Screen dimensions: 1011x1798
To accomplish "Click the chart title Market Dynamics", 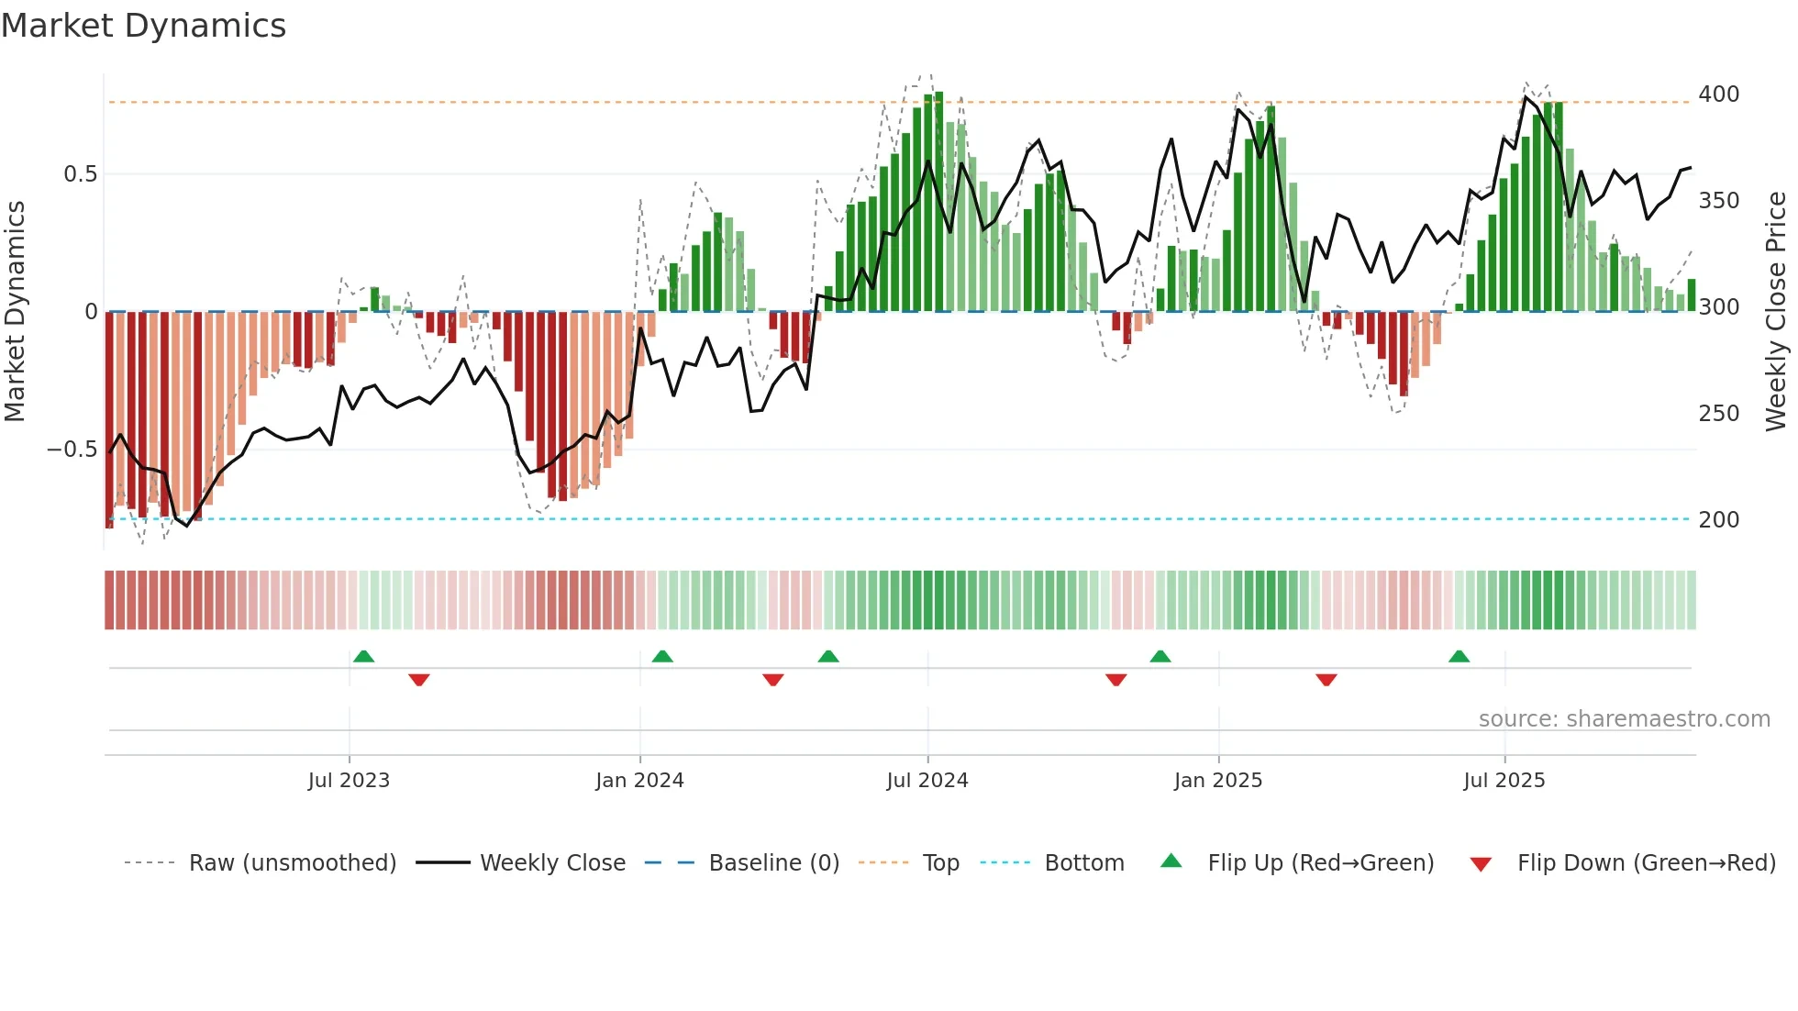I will pos(143,26).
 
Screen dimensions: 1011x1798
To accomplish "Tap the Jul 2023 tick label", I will pos(349,781).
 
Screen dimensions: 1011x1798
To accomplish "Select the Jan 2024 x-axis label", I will pos(639,781).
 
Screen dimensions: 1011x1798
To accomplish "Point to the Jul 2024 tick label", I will pos(927,781).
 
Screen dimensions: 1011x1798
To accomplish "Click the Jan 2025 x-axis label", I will pos(1218,781).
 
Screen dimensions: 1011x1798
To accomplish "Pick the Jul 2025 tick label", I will pos(1504,781).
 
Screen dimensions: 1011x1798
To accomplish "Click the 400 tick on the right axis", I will pos(1718,94).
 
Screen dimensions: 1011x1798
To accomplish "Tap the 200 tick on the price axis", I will pos(1718,520).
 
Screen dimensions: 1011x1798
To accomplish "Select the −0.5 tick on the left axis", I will pos(72,450).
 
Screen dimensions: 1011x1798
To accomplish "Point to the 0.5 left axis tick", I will pos(80,174).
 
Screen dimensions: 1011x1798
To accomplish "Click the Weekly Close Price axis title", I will pos(1776,312).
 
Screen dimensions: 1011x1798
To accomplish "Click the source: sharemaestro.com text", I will pos(1624,719).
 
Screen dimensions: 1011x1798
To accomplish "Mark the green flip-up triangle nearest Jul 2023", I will pos(363,657).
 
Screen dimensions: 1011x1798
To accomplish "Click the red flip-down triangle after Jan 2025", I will pos(1326,680).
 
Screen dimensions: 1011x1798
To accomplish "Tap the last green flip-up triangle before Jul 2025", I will pos(1459,657).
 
